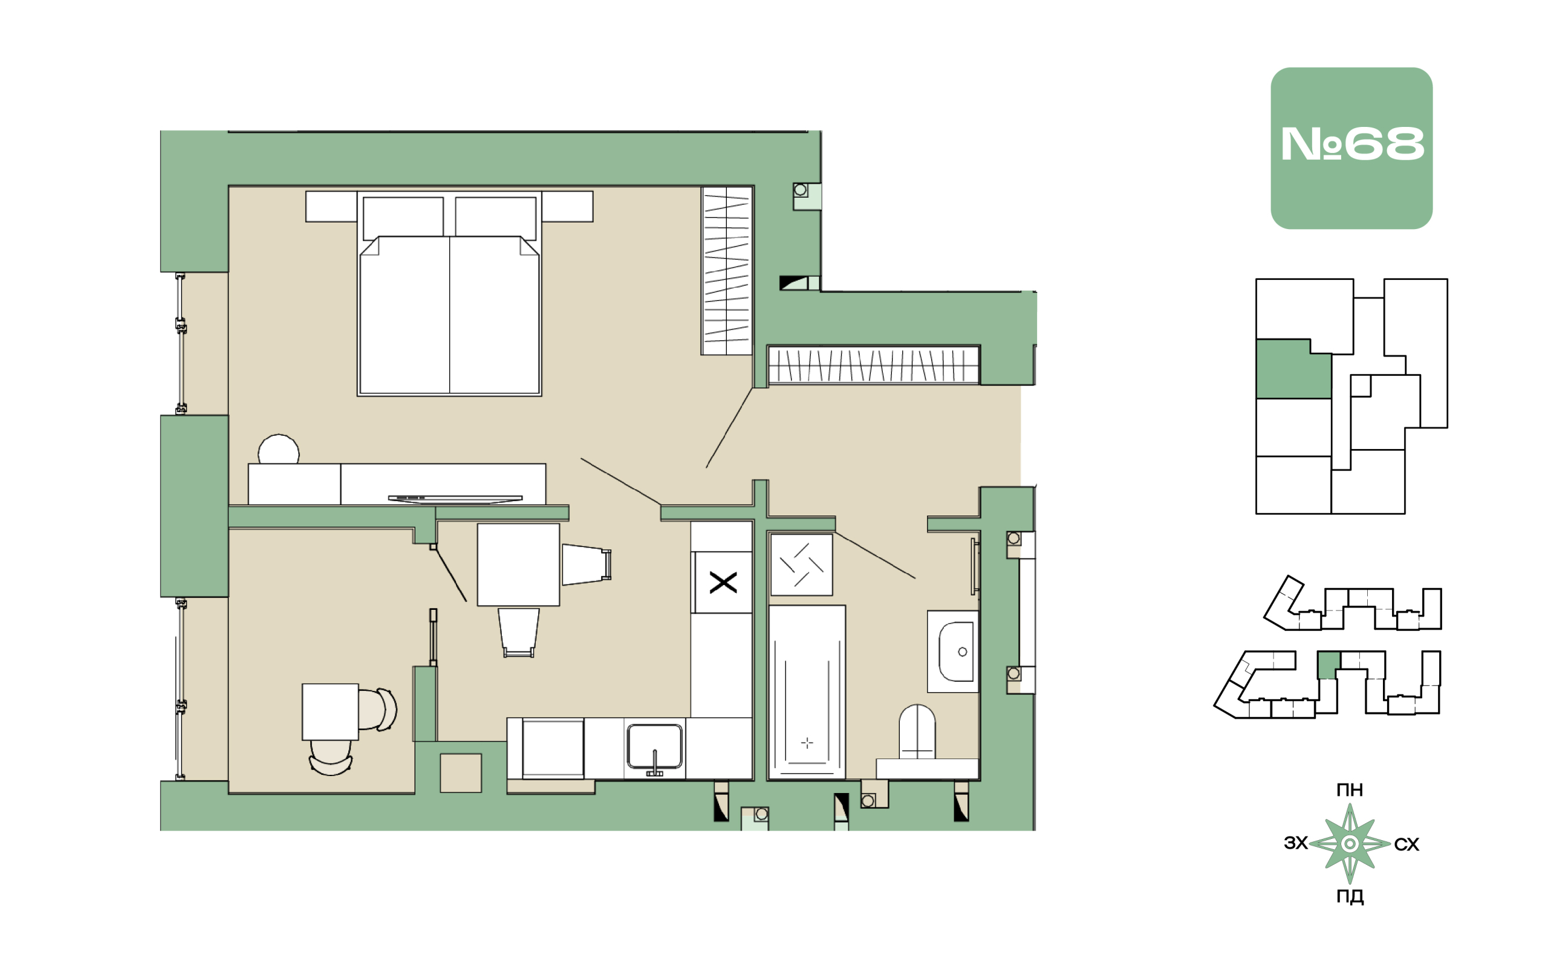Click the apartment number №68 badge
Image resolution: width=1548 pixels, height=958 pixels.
click(x=1351, y=147)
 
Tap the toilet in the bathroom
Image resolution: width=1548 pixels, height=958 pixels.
click(x=917, y=732)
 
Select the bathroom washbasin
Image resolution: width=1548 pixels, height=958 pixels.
click(x=953, y=652)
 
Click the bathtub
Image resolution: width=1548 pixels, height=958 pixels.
click(x=806, y=692)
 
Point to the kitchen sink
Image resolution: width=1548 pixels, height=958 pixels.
click(x=654, y=748)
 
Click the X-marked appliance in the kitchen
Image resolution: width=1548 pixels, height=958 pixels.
click(x=723, y=582)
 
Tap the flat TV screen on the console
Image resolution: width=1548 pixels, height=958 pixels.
click(x=455, y=499)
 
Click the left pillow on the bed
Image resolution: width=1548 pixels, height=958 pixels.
click(x=403, y=218)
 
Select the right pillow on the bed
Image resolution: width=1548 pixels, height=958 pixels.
click(x=496, y=218)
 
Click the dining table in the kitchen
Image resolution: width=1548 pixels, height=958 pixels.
click(x=518, y=565)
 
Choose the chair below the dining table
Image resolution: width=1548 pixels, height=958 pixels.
click(x=519, y=633)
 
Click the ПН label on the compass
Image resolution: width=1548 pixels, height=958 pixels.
click(x=1350, y=790)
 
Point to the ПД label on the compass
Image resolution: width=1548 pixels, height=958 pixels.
click(x=1350, y=897)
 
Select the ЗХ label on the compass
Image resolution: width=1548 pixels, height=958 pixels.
click(x=1296, y=843)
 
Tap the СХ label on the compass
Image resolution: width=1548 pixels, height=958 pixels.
click(x=1406, y=844)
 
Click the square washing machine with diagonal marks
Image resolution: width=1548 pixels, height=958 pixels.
click(x=801, y=565)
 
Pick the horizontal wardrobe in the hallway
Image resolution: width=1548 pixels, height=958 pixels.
click(x=874, y=365)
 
